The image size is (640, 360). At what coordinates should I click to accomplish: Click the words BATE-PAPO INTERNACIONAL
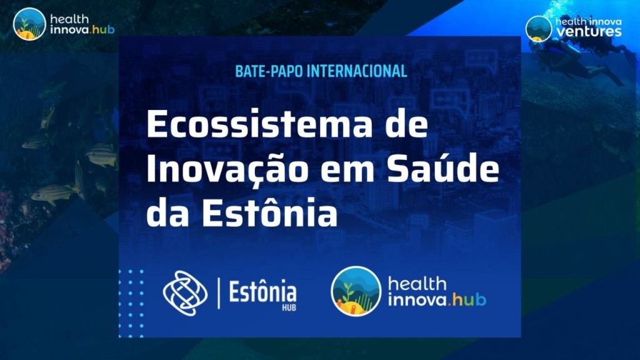tap(321, 71)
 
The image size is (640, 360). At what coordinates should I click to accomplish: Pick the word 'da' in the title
tap(165, 212)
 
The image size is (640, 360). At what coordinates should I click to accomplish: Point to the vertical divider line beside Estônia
tap(218, 292)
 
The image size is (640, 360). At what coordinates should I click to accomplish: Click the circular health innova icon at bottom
tap(356, 291)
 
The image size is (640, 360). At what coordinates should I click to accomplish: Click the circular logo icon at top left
tap(29, 24)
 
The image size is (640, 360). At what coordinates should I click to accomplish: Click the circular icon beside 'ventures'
tap(538, 27)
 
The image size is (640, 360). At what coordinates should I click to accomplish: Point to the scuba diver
tap(572, 59)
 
